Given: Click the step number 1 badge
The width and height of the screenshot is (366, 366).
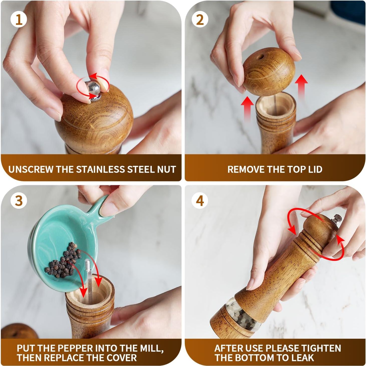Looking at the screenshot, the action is tap(19, 20).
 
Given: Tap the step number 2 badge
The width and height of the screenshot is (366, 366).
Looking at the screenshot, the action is tap(200, 20).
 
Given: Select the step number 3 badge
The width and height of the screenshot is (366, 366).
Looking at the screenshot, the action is tap(19, 201).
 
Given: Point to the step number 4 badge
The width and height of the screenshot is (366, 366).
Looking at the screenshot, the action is tap(200, 201).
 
